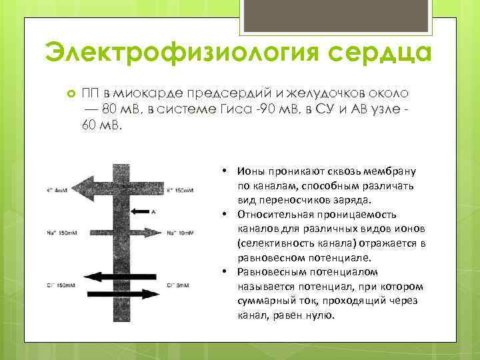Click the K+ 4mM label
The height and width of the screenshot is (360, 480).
56,191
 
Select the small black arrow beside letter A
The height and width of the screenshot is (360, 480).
139,211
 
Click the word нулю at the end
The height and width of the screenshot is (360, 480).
319,315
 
